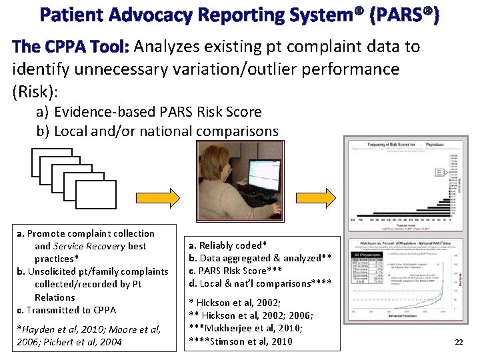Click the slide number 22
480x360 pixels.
458,342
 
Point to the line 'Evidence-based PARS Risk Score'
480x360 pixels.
157,112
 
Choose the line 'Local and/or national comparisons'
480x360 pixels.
166,131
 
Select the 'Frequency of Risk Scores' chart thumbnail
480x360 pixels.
403,182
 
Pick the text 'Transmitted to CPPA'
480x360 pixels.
71,310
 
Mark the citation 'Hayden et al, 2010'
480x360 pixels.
56,329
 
